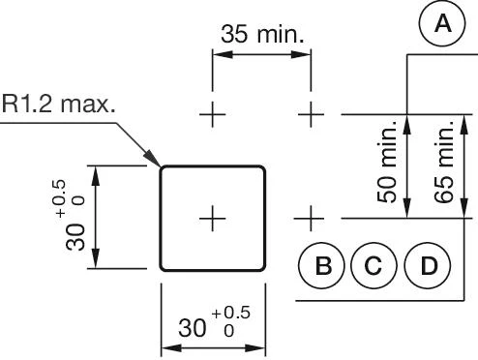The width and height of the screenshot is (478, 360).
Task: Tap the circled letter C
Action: tap(373, 265)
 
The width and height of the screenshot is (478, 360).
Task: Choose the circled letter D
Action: tap(426, 265)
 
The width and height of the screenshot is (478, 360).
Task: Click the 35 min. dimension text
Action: tap(262, 36)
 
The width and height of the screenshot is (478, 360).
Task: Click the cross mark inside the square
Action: tap(212, 219)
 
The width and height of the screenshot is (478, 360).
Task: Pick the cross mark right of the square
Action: tap(311, 219)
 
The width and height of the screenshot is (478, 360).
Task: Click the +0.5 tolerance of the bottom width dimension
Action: tap(235, 313)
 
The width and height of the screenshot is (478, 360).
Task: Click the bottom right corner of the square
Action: tap(263, 269)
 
